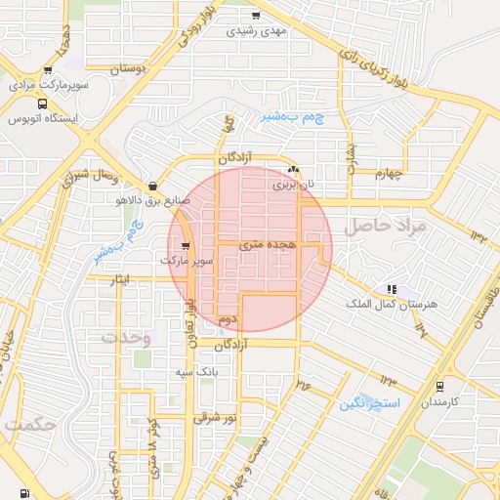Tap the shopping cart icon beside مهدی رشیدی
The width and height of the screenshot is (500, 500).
(257, 16)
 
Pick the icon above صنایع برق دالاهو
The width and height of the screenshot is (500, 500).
(151, 186)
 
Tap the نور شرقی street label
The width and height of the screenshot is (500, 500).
(215, 417)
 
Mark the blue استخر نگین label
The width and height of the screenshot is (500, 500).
(366, 402)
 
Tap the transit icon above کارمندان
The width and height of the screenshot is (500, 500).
(439, 387)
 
